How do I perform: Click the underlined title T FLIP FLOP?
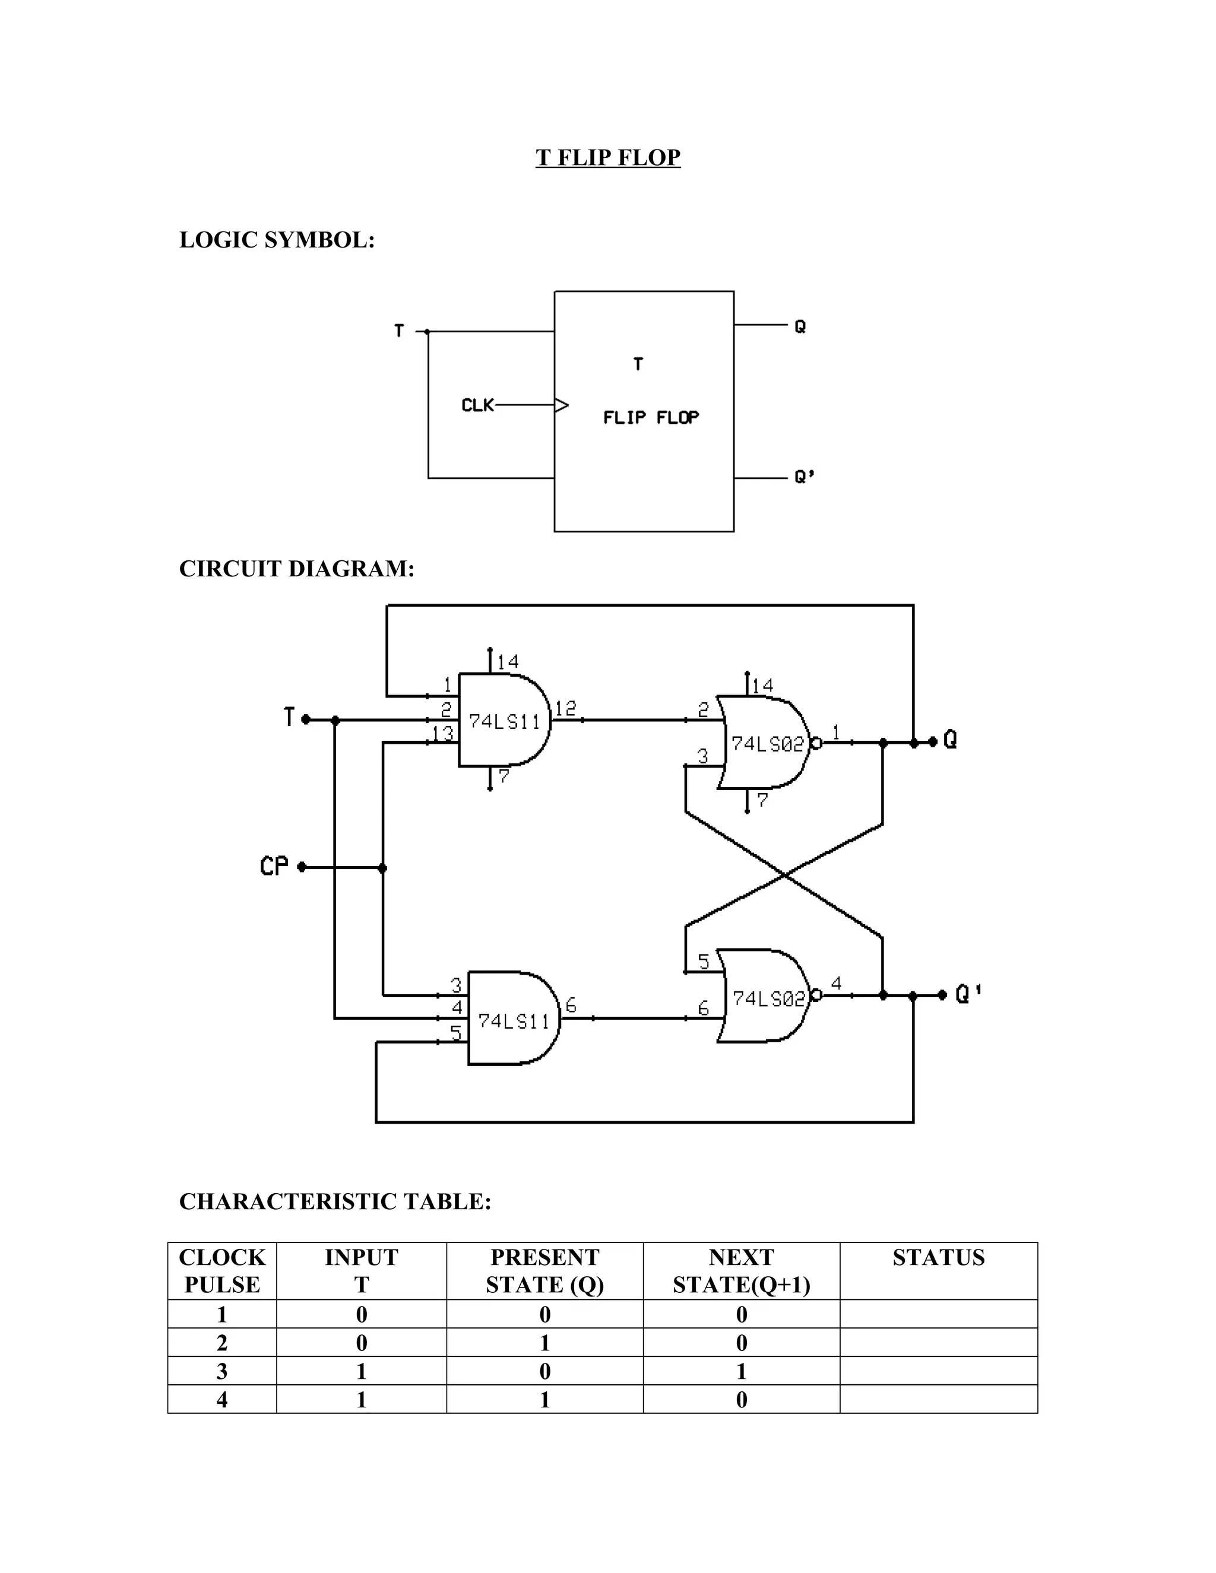[607, 157]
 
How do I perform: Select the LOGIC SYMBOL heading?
[277, 240]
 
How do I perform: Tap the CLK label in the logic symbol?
[477, 405]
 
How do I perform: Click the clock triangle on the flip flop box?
[561, 405]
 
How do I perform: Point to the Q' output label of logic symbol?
[804, 477]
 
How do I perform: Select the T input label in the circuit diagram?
[289, 718]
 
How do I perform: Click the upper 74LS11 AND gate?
[504, 720]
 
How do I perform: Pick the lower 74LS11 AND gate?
[513, 1020]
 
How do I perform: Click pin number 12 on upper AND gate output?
[565, 709]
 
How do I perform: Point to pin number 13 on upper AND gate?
[442, 733]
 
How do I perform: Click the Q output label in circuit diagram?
[950, 739]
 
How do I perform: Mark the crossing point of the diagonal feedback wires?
[784, 874]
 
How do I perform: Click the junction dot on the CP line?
[382, 868]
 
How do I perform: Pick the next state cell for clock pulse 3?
[740, 1371]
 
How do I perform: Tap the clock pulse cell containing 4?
[222, 1400]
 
